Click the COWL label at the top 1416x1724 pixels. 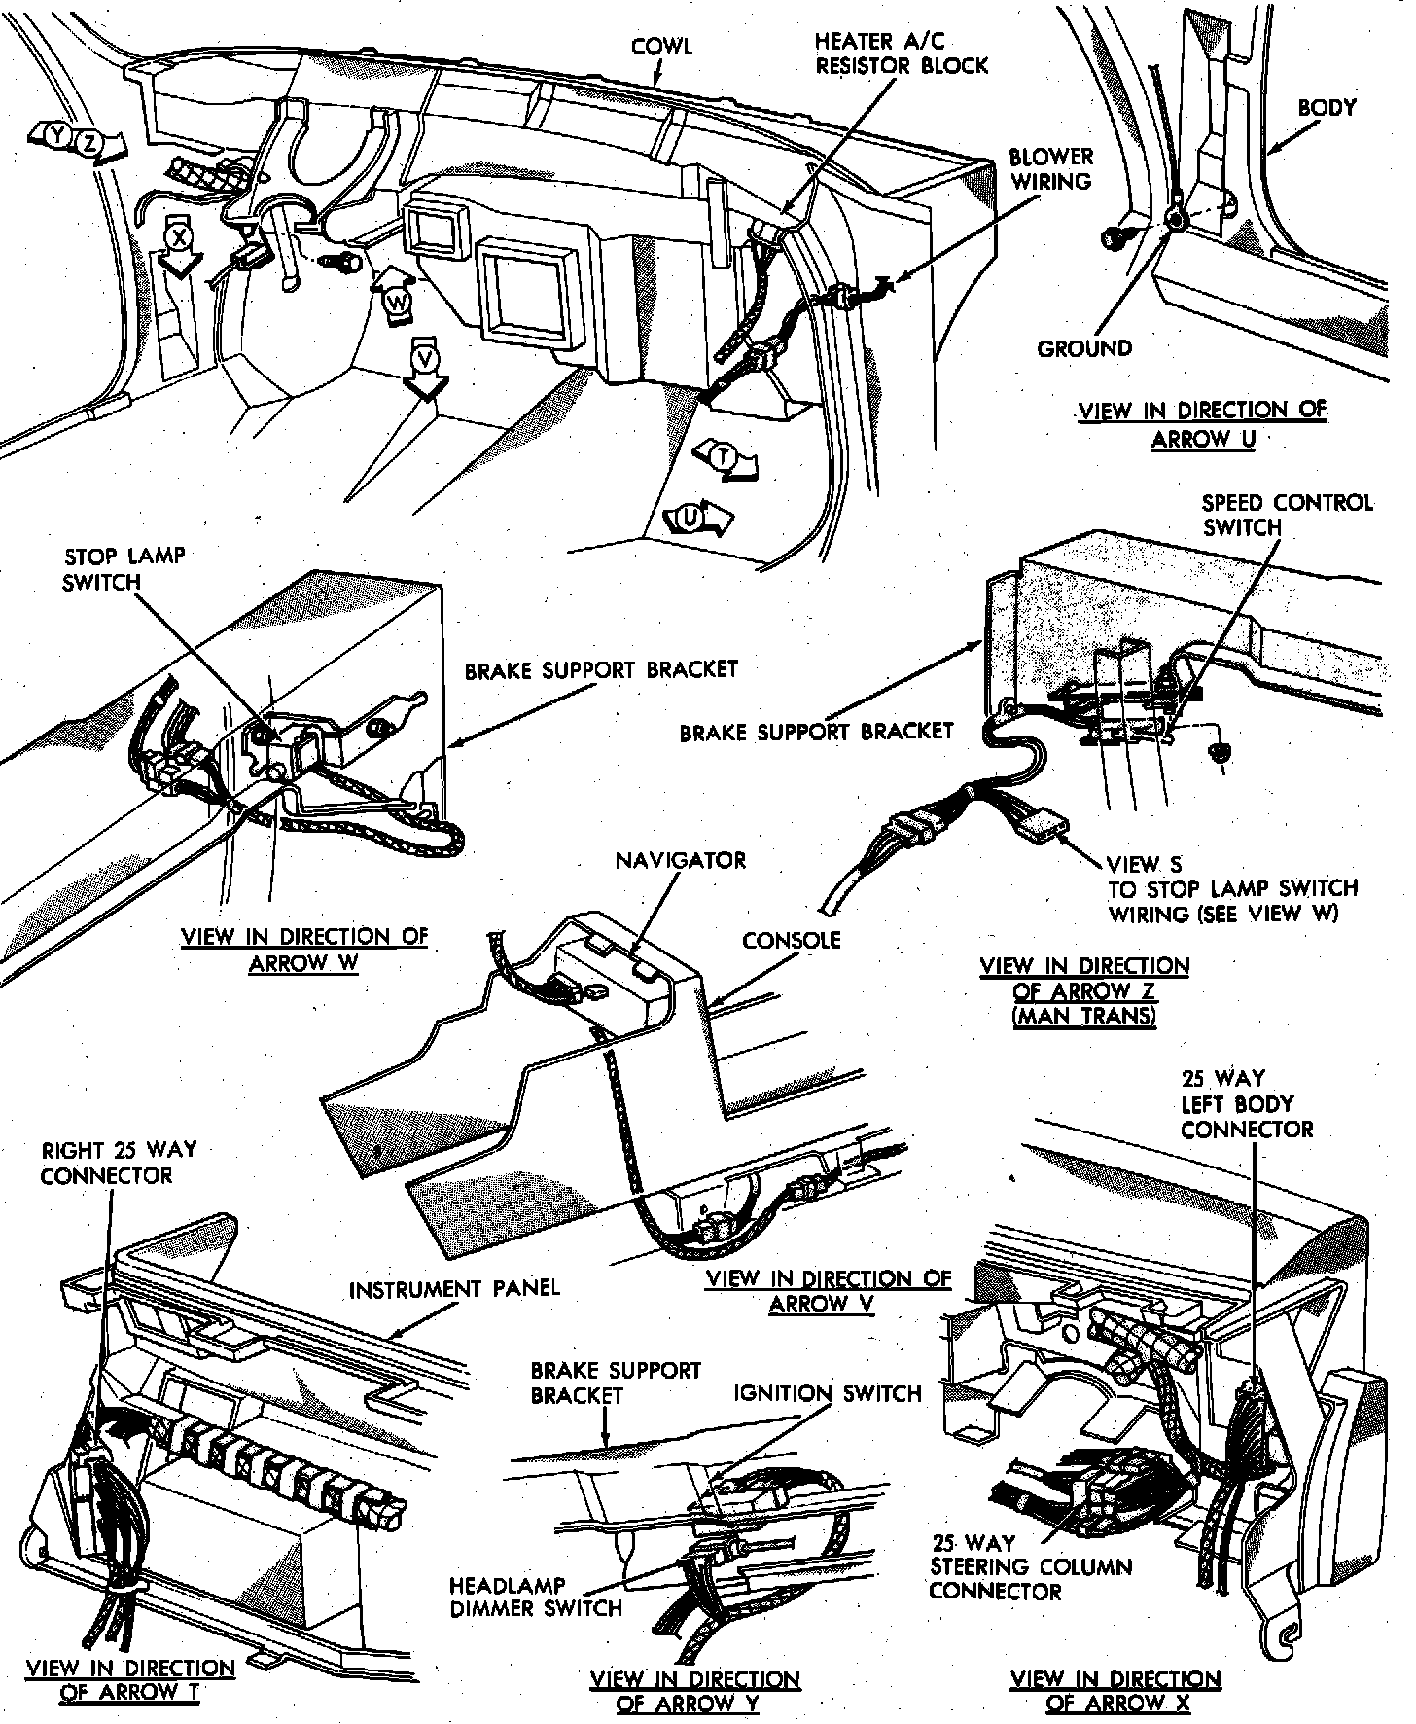[x=661, y=47]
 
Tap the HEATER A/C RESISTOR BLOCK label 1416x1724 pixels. [x=901, y=54]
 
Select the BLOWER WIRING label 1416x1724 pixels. [x=1050, y=168]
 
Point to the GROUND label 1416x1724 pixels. [x=1084, y=348]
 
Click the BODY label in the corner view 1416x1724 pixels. [x=1327, y=107]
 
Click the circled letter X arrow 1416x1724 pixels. [x=178, y=240]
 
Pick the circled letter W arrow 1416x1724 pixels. [x=397, y=302]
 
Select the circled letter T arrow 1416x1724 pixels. [x=723, y=456]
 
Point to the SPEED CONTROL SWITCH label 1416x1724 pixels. [x=1287, y=515]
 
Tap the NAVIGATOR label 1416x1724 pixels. [x=681, y=860]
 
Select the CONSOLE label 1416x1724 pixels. [x=791, y=940]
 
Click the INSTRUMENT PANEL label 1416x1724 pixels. [x=454, y=1290]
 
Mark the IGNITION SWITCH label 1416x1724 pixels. [x=827, y=1393]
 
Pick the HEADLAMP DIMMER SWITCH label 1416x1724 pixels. [x=535, y=1598]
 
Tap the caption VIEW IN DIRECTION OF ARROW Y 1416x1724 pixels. [x=694, y=1691]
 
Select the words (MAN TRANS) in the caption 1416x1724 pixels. [x=1084, y=1017]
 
